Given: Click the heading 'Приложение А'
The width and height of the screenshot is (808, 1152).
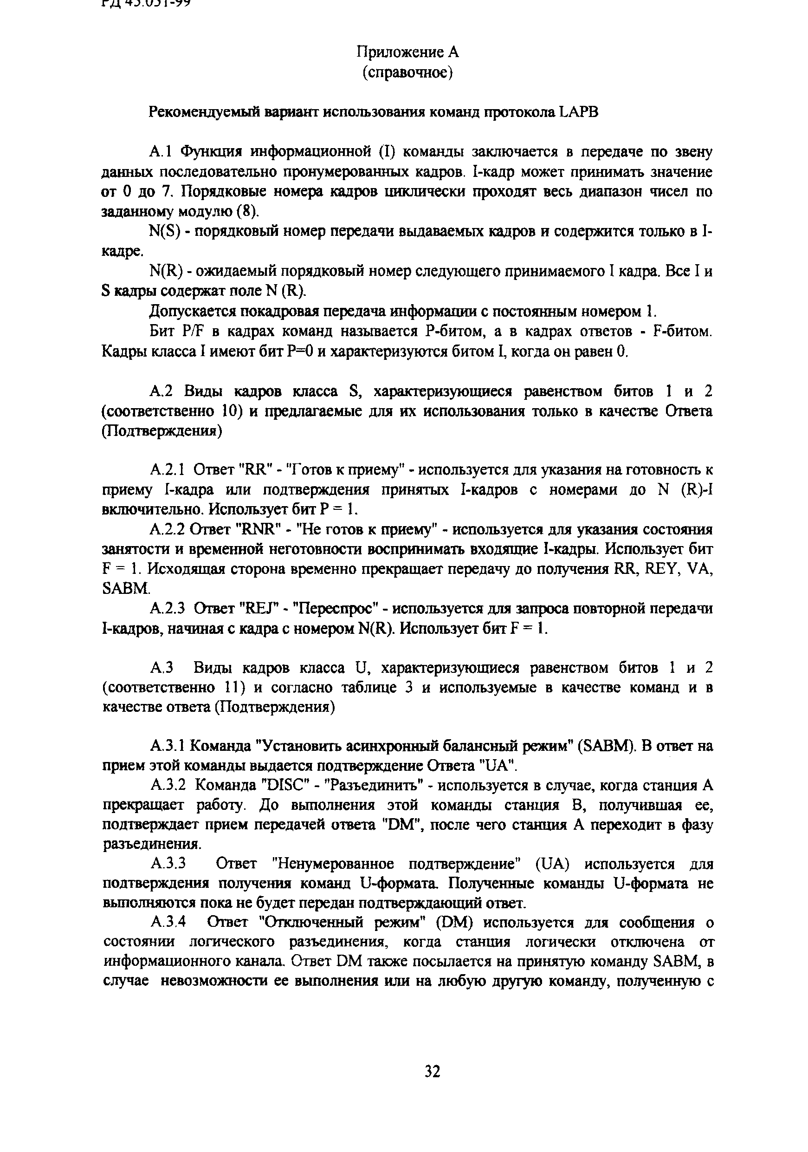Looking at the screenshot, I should [407, 52].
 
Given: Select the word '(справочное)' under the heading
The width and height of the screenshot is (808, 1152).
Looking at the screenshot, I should [407, 73].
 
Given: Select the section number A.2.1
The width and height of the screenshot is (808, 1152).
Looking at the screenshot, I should [168, 470].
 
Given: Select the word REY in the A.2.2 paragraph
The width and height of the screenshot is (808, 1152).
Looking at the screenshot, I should [661, 569].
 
